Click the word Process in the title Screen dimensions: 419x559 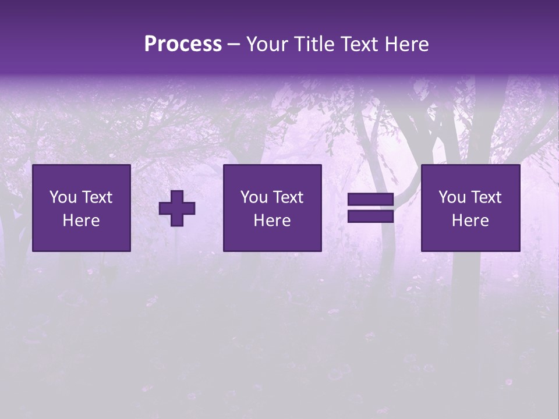pos(183,44)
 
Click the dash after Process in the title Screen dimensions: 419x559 pos(234,45)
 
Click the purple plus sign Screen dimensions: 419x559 pos(177,208)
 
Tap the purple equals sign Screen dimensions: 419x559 pos(370,208)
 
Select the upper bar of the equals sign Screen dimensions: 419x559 pos(370,200)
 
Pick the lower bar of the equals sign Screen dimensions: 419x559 pos(370,216)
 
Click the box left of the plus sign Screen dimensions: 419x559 pos(82,208)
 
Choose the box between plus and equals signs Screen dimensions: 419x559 pos(273,208)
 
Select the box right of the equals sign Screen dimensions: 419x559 pos(470,208)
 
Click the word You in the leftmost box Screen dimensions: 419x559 pos(63,197)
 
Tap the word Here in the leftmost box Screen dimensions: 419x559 pos(82,221)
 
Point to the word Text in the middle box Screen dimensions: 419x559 pos(288,197)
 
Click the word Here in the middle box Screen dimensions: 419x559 pos(273,221)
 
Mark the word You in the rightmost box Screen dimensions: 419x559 pos(452,197)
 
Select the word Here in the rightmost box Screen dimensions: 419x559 pos(470,221)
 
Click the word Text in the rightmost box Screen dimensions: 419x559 pos(486,197)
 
